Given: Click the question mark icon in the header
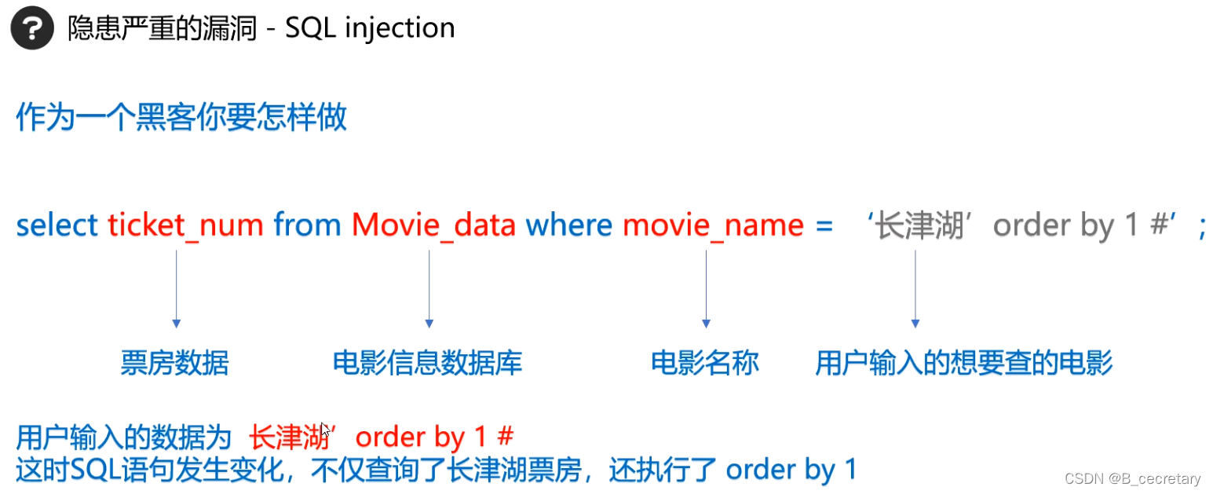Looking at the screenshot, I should pos(32,29).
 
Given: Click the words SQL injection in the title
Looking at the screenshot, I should pos(370,28).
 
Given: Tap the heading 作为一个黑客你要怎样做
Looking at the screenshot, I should pos(181,119).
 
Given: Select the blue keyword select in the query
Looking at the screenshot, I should pos(57,225).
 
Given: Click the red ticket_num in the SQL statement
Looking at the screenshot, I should pos(185,226).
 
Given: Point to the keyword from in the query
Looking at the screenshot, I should pos(307,225).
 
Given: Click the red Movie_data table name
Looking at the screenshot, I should pos(433,226).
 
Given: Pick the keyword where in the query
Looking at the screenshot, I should pos(568,225).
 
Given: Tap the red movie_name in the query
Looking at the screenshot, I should pos(713,226).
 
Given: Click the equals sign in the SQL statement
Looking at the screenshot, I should pos(824,226).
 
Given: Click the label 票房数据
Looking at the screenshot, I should pos(175,363).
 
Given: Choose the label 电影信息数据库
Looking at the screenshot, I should pos(428,363).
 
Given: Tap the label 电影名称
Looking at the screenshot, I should pos(705,363).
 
